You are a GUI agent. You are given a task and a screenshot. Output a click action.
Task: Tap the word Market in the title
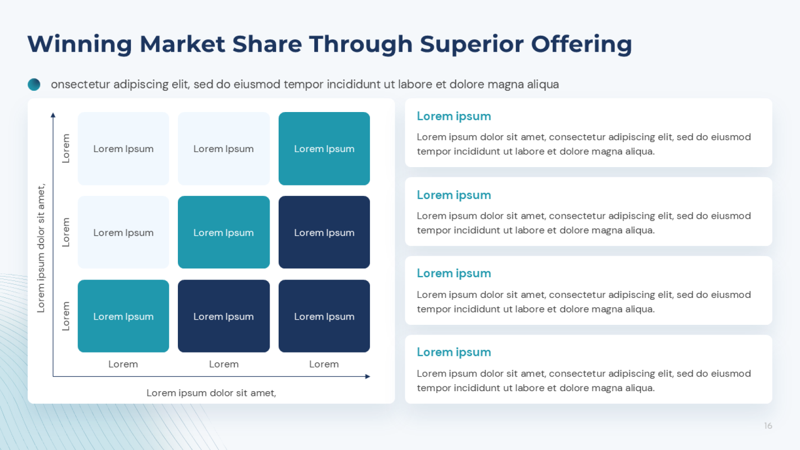click(182, 44)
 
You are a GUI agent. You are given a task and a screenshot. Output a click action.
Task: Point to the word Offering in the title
click(582, 44)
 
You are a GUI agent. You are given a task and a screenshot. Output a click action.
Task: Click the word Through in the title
click(361, 44)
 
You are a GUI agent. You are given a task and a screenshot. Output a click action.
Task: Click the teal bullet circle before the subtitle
click(34, 84)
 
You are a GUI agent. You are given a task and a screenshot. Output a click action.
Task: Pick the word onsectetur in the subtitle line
click(80, 84)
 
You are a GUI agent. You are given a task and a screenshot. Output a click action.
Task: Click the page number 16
click(768, 426)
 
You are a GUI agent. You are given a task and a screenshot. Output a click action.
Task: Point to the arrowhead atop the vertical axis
click(53, 115)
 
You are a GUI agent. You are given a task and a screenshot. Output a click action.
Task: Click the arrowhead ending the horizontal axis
click(368, 376)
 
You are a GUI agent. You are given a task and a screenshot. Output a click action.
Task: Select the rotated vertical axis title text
click(41, 249)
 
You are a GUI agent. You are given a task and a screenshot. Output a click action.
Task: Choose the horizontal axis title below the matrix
click(211, 393)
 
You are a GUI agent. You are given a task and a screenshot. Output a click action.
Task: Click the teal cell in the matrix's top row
click(324, 149)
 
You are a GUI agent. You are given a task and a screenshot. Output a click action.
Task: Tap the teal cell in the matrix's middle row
click(224, 232)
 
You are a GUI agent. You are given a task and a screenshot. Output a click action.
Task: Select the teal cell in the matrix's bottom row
click(123, 316)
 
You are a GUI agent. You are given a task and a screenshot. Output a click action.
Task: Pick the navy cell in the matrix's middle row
click(324, 232)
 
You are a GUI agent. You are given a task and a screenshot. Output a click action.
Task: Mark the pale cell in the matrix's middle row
click(123, 232)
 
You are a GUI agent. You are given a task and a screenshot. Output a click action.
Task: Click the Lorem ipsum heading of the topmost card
click(454, 116)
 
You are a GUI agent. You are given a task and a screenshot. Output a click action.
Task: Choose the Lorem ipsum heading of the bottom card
click(454, 353)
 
